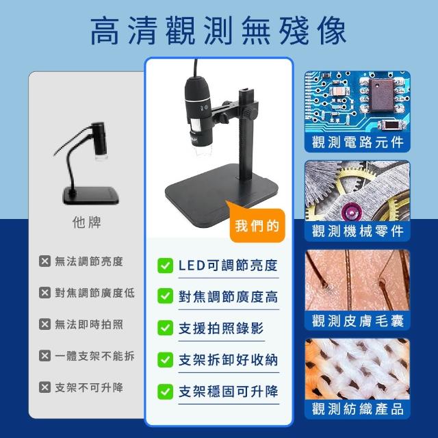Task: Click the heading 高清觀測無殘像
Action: click(218, 30)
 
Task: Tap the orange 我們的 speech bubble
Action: click(257, 224)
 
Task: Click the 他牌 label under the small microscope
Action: click(87, 222)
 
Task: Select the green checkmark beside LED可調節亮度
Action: click(165, 266)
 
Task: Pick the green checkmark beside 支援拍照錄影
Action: click(165, 328)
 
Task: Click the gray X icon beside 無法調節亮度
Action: click(44, 261)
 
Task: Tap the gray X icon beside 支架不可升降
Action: click(44, 387)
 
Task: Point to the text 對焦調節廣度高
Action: click(228, 296)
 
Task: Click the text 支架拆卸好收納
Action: click(228, 360)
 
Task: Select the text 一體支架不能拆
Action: click(94, 356)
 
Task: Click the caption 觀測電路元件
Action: click(358, 142)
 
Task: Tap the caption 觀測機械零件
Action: click(358, 231)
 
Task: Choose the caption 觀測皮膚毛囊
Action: click(358, 320)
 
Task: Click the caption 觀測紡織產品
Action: click(358, 409)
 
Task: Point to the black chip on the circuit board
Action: click(382, 94)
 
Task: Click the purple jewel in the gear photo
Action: click(351, 213)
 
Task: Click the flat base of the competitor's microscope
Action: click(91, 195)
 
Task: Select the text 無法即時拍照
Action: click(89, 324)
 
